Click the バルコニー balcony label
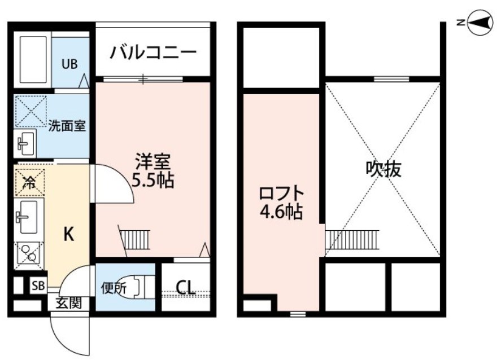[x=153, y=52]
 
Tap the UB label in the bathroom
[x=69, y=64]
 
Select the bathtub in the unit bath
[x=33, y=59]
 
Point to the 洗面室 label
[x=67, y=126]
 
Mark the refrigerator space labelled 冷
[x=30, y=182]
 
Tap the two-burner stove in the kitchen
[x=28, y=252]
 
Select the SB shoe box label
[x=38, y=286]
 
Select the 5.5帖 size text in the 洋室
[x=153, y=181]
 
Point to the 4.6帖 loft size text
[x=281, y=212]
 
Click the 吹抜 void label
[x=384, y=169]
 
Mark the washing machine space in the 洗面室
[x=31, y=112]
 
